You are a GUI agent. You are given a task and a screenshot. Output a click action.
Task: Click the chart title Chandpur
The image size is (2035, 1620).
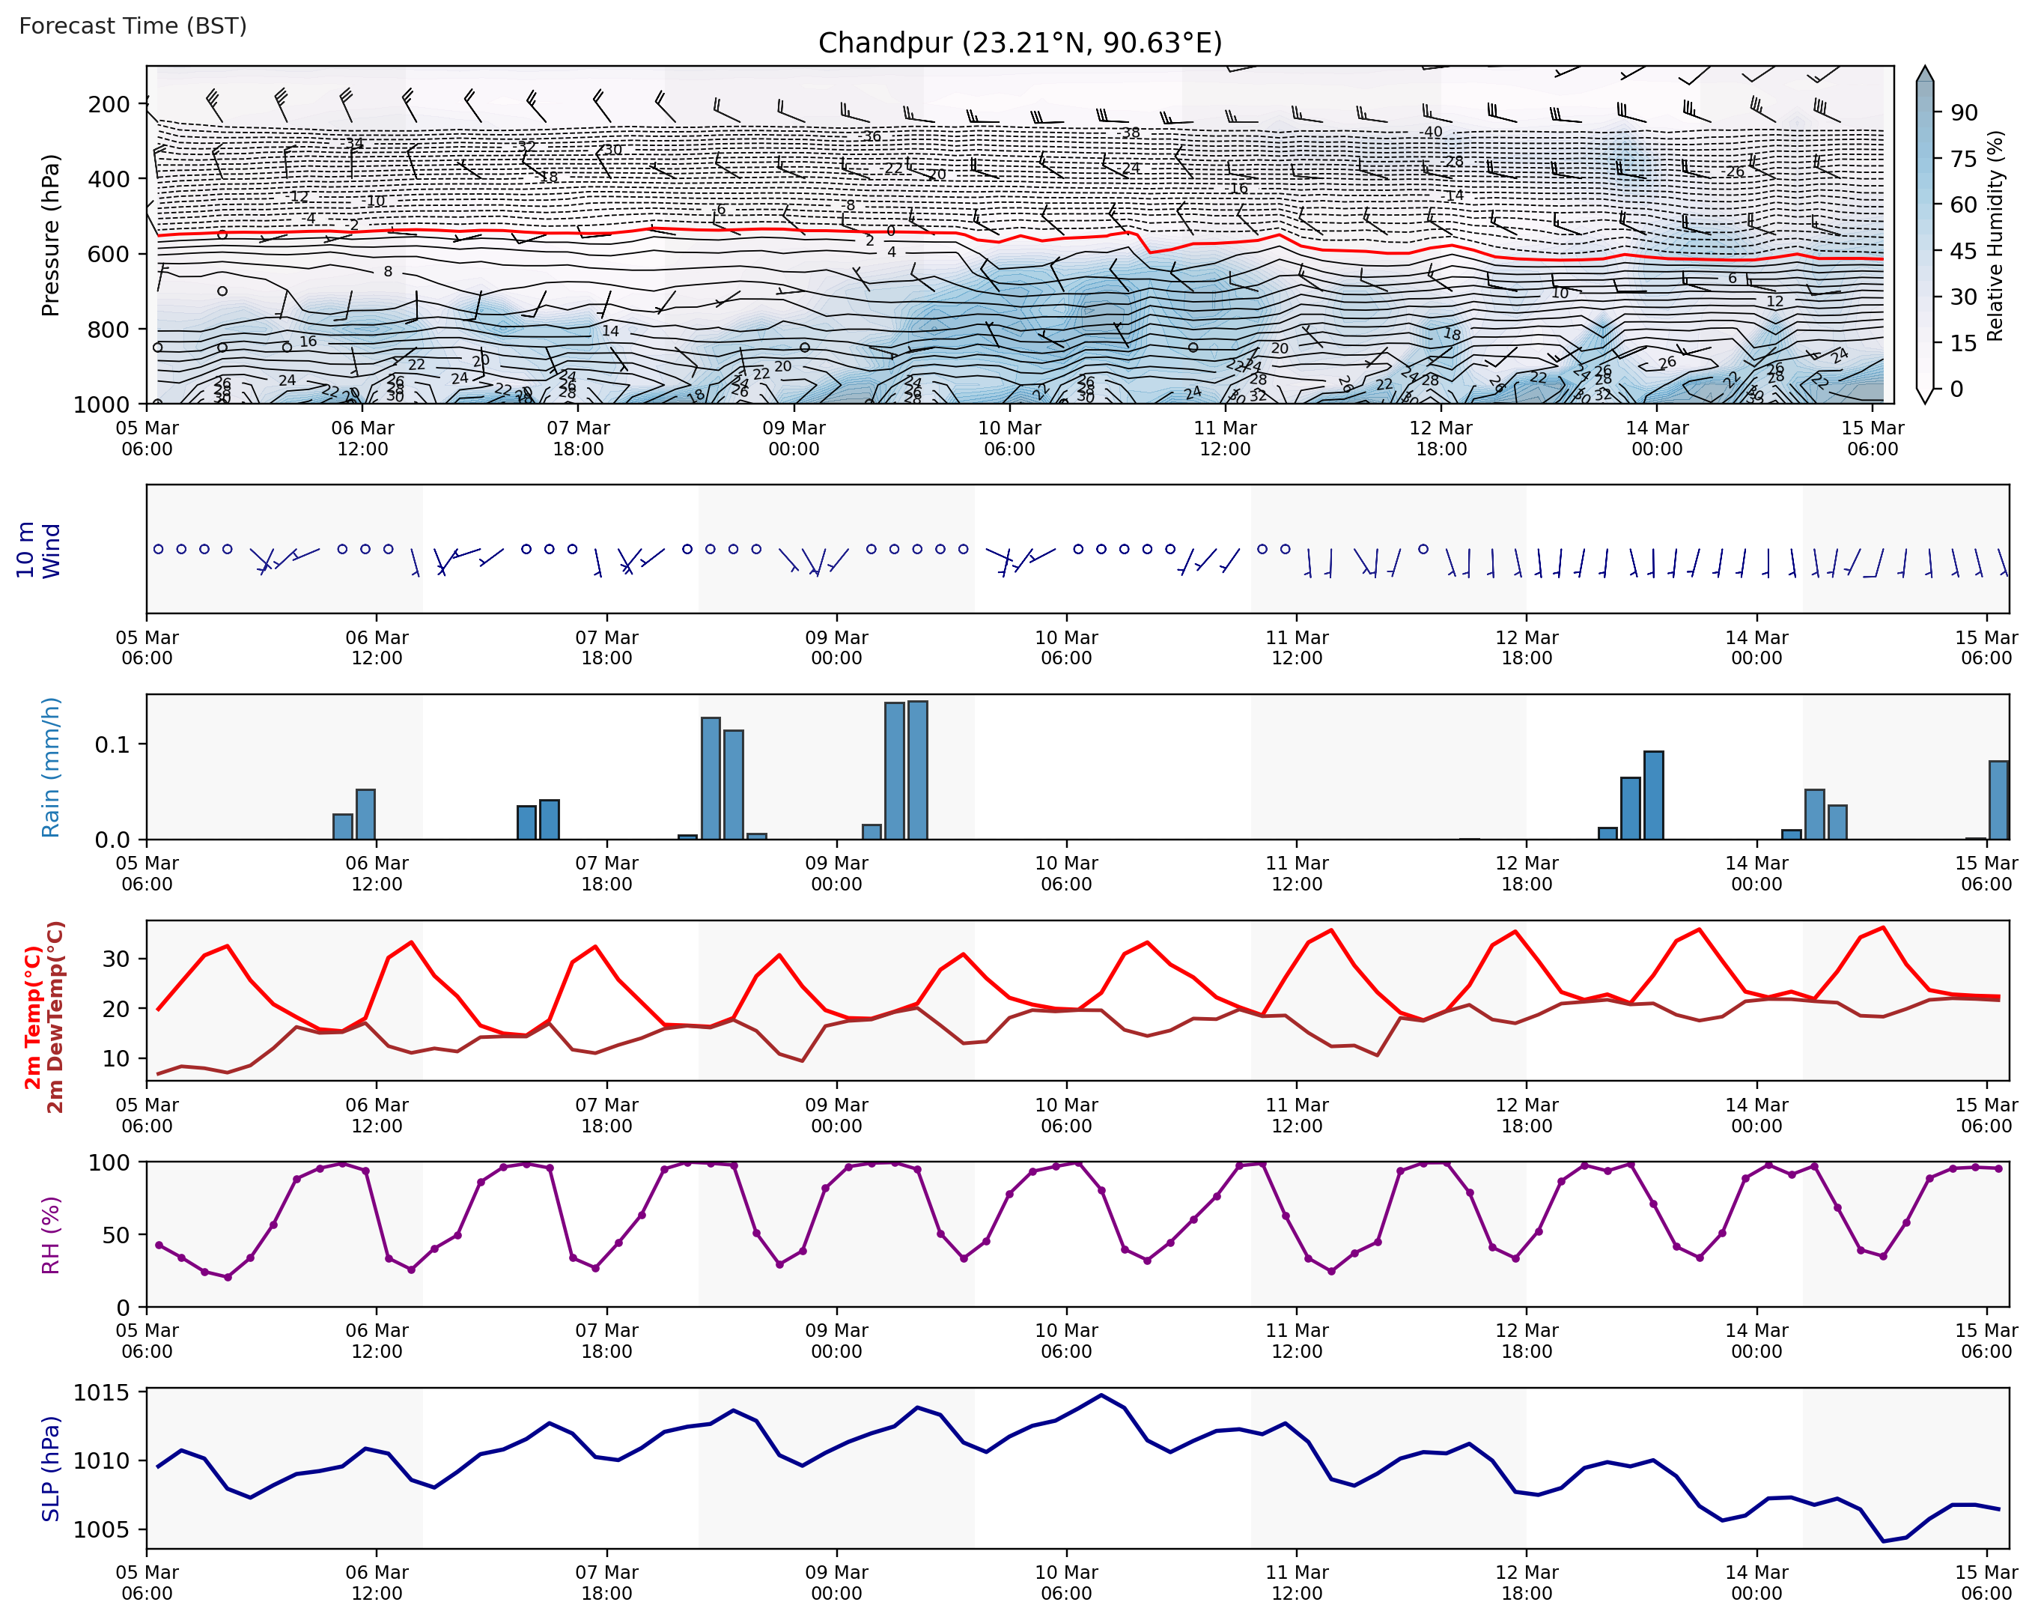1020,43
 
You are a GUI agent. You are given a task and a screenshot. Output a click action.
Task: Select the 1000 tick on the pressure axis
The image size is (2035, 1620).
101,404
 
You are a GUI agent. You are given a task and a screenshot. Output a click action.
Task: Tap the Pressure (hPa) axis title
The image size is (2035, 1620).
50,234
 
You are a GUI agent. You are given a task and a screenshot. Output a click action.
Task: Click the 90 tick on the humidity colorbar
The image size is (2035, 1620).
1964,112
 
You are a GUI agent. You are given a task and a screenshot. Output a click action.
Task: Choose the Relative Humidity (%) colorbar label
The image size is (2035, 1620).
1995,235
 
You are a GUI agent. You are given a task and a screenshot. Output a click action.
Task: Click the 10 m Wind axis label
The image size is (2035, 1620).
37,550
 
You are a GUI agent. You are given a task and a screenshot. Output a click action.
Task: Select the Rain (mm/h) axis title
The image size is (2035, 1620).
50,767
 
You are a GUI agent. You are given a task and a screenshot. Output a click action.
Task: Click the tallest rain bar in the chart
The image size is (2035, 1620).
917,769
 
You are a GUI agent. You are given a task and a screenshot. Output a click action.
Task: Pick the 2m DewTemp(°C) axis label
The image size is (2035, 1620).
55,1017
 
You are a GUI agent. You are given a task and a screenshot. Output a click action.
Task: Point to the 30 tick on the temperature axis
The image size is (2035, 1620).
116,958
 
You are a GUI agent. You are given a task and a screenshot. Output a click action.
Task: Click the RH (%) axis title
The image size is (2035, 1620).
50,1235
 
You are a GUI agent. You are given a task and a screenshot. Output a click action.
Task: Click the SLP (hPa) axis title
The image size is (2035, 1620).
50,1468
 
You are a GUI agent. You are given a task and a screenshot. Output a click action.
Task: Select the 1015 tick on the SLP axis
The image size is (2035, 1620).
102,1393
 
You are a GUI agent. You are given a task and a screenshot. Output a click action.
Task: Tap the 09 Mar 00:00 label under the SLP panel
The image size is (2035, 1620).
836,1583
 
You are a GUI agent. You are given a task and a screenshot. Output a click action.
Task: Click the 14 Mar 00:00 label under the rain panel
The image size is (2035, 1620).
1756,873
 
